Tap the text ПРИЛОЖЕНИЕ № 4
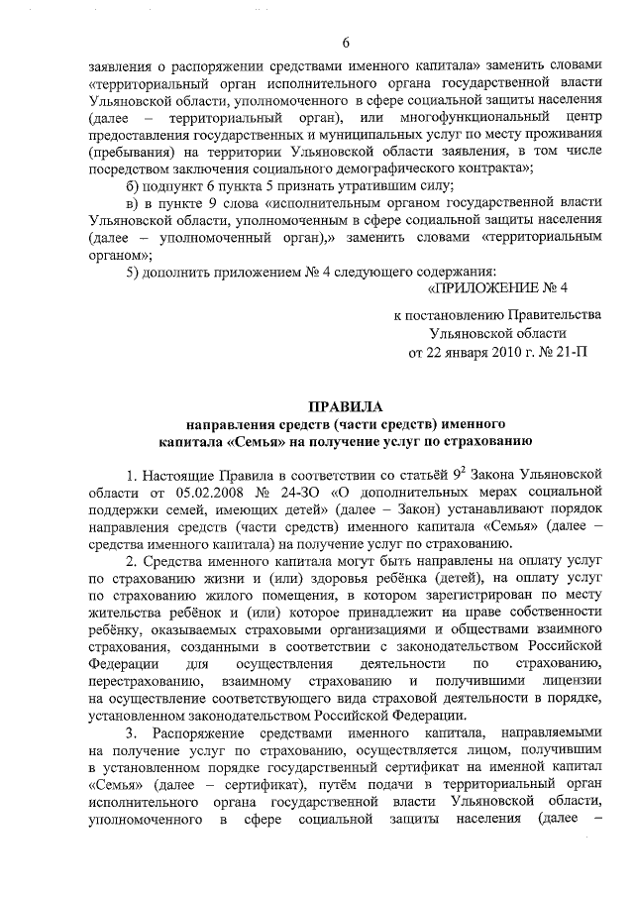[x=497, y=289]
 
